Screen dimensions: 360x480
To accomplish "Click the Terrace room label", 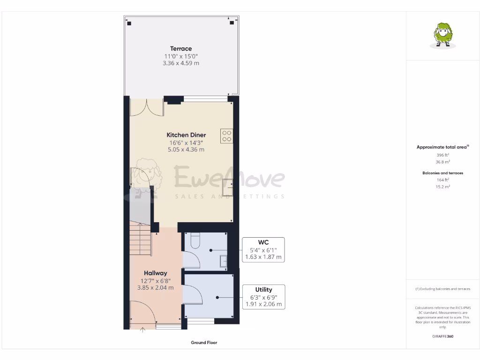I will point(180,49).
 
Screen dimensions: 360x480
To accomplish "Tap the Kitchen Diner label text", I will point(186,135).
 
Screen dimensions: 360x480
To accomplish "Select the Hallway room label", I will point(155,273).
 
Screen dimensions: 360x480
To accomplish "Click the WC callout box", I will point(263,250).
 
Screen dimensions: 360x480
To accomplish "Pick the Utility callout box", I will point(263,297).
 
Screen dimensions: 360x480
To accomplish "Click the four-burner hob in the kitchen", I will point(227,136).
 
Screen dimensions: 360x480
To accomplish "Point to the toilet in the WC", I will point(195,240).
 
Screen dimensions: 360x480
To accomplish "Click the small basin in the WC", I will point(224,261).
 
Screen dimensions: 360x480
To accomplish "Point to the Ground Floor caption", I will point(204,343).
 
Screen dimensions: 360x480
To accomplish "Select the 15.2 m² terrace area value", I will point(443,187).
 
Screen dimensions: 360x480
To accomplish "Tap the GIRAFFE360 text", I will point(443,336).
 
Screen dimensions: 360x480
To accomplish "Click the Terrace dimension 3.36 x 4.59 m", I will point(180,63).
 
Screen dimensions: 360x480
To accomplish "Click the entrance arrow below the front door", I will point(143,330).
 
